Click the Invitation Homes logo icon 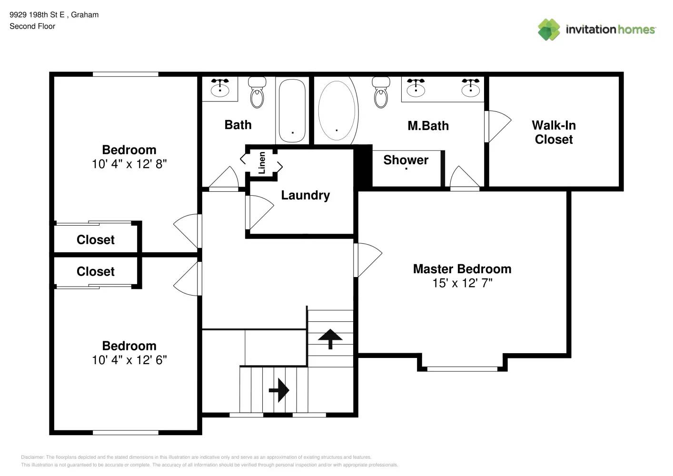point(549,30)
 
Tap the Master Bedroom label point(462,269)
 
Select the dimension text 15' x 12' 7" point(462,283)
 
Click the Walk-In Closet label point(554,132)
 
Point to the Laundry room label point(305,195)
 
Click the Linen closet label point(262,163)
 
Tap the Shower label point(406,160)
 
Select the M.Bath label point(428,126)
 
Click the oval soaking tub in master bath point(337,110)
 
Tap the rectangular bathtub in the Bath point(292,110)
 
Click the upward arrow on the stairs point(330,338)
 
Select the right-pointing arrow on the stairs point(279,390)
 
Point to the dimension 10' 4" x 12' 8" point(129,164)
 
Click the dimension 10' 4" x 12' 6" point(129,360)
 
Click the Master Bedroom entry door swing point(368,259)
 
